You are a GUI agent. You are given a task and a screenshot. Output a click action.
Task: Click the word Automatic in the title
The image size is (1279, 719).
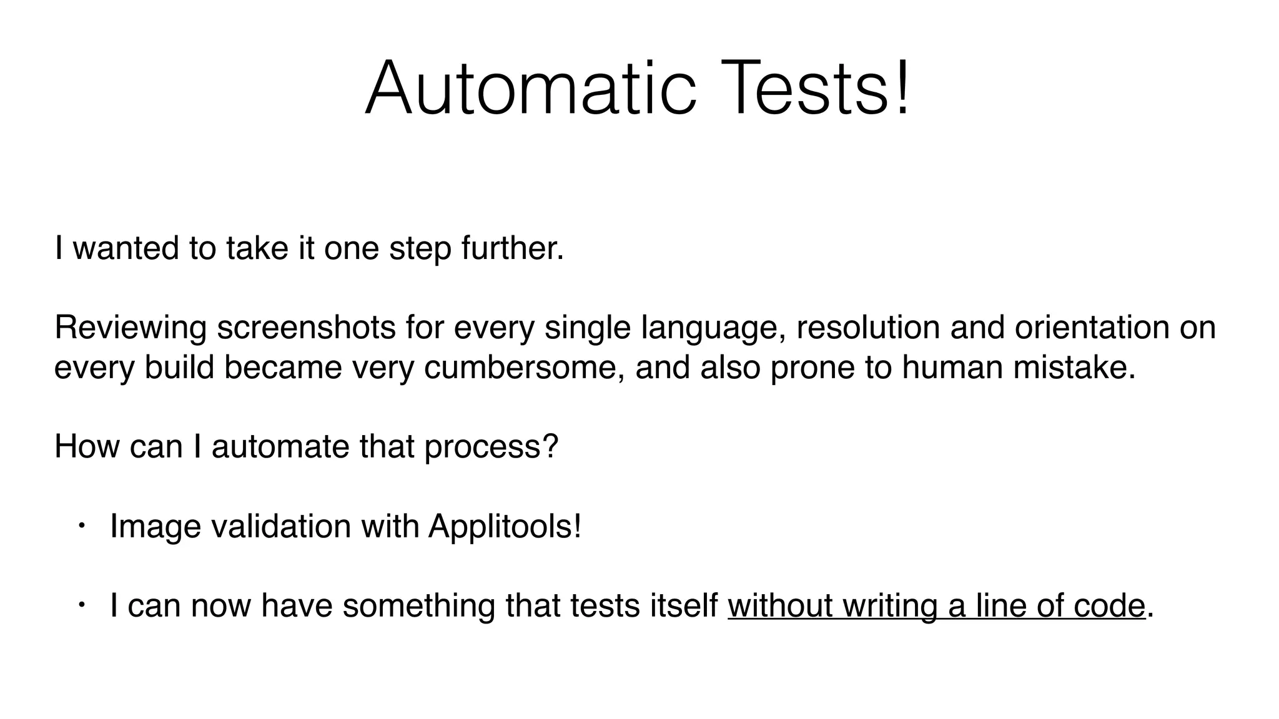click(x=530, y=88)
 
